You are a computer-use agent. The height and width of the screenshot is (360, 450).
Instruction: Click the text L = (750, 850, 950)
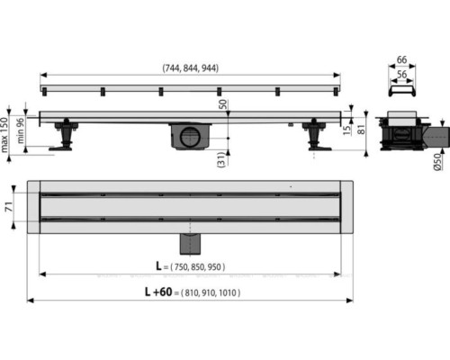(x=190, y=266)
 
